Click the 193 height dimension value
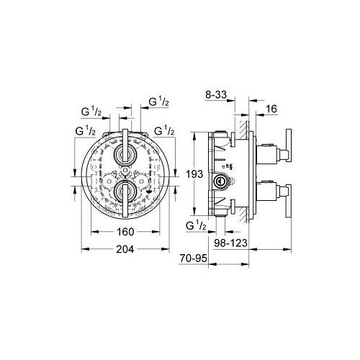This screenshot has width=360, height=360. coord(194,174)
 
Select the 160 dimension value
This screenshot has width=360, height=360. coord(125,232)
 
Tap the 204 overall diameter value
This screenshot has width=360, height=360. coord(125,250)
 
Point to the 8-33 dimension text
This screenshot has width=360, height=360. coord(216,95)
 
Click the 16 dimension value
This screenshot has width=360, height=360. coord(271,109)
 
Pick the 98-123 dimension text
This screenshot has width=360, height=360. coord(230,243)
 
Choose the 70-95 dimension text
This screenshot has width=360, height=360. coord(193,258)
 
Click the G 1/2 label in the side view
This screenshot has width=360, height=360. coord(196,226)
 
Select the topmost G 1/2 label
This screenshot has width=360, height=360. coord(158,102)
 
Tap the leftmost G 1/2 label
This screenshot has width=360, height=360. coord(85,131)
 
